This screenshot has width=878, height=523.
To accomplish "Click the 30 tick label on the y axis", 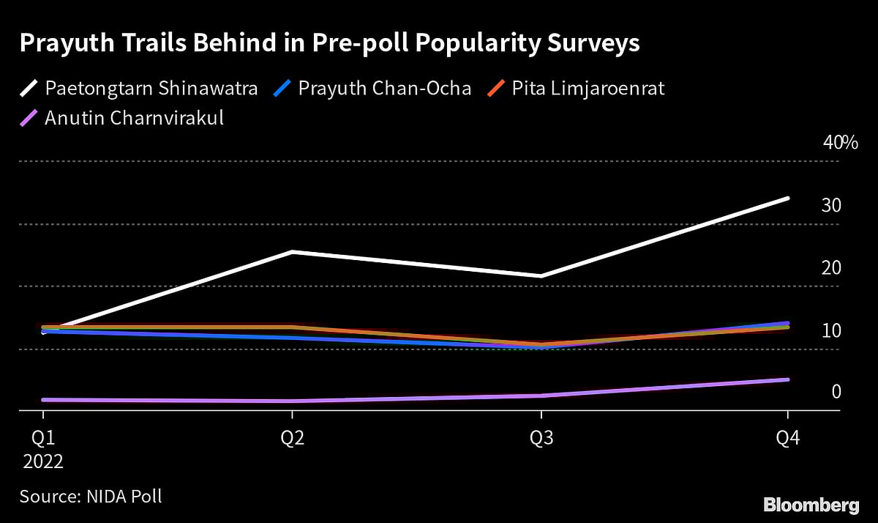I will pos(831,206).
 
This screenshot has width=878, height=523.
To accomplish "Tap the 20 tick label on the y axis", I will pos(831,268).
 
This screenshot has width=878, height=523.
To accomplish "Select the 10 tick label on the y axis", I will pos(831,331).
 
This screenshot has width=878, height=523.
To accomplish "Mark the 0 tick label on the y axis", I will pos(836,393).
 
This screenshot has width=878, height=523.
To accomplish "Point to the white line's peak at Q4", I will pos(787,198).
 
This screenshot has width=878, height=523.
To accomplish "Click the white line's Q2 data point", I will pos(292,252).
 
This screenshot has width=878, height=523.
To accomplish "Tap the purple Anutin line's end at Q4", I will pos(787,379).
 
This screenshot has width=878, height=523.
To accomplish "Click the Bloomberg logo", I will pos(811,505).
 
